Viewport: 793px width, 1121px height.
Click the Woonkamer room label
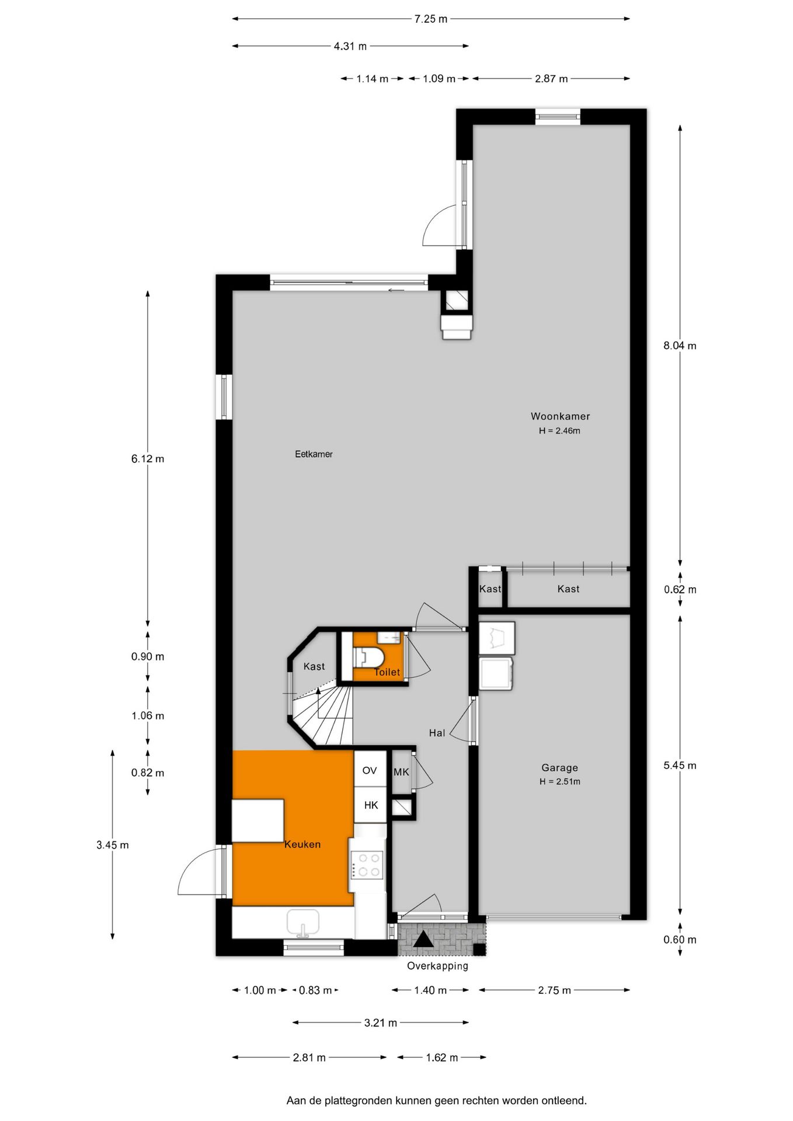(x=560, y=416)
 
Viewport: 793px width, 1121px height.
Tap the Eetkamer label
(x=314, y=454)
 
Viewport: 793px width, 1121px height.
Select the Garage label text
(x=559, y=768)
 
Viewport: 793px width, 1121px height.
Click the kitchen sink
(x=303, y=923)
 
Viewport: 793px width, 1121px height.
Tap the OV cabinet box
(x=370, y=770)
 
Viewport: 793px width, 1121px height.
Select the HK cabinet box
(x=371, y=805)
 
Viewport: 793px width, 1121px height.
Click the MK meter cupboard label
(x=401, y=772)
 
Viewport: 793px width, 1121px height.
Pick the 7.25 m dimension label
(x=431, y=19)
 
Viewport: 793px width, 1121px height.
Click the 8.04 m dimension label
(x=680, y=345)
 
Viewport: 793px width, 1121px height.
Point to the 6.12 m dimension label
(x=148, y=458)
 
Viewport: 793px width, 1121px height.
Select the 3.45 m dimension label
(x=113, y=845)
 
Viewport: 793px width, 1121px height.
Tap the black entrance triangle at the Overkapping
(x=423, y=939)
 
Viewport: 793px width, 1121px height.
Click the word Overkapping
(x=437, y=966)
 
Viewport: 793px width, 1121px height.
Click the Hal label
(x=437, y=733)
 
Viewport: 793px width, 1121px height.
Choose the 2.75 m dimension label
(x=554, y=990)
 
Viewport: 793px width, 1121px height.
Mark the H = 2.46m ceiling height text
(x=559, y=431)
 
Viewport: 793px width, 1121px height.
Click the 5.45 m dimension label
(x=680, y=765)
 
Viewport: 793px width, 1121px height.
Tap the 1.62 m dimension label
(x=441, y=1057)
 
